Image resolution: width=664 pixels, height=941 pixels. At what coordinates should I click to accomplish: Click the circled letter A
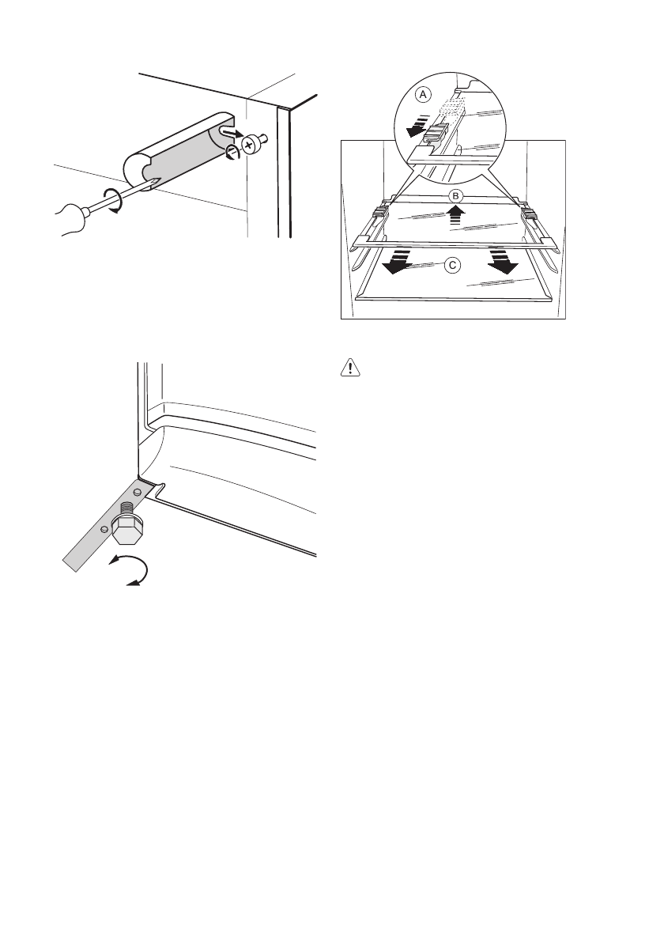tap(424, 94)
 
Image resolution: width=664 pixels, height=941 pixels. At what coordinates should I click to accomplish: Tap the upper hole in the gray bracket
tap(137, 493)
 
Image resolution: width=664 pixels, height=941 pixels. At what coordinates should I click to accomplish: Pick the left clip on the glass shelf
tap(379, 210)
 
